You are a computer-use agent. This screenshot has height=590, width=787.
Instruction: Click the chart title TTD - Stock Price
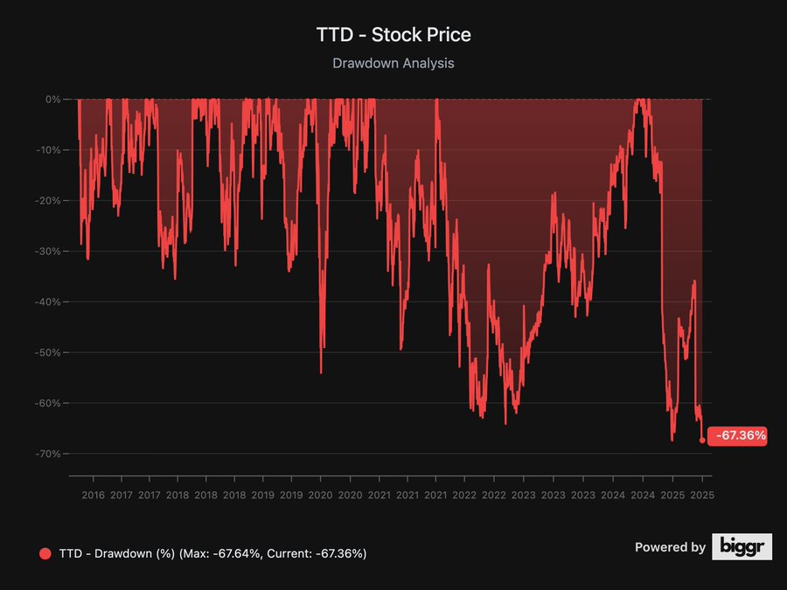[x=393, y=35]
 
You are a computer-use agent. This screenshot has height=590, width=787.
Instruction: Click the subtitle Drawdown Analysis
[x=393, y=63]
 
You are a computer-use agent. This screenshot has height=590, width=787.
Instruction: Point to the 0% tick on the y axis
[x=52, y=100]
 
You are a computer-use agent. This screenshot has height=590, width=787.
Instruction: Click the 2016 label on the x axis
[x=93, y=495]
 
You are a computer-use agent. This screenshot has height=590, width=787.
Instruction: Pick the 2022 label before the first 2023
[x=494, y=495]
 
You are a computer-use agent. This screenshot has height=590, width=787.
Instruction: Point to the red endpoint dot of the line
[x=702, y=441]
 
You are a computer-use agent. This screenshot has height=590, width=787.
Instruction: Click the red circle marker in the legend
[x=45, y=553]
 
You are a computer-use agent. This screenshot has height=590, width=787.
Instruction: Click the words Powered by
[x=670, y=547]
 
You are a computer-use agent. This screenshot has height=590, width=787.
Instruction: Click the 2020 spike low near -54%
[x=321, y=372]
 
